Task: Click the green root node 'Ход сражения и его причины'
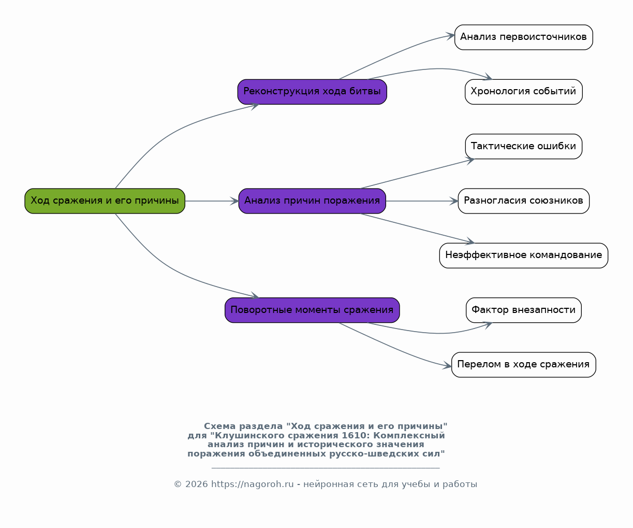tap(105, 201)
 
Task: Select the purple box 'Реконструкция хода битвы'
tap(312, 92)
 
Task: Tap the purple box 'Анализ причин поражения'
tap(312, 201)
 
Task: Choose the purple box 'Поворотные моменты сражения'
tap(312, 310)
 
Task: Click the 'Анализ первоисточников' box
tap(524, 37)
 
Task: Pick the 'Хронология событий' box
tap(524, 92)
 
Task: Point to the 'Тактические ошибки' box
tap(524, 146)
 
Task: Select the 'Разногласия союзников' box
tap(524, 201)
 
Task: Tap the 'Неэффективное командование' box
tap(524, 255)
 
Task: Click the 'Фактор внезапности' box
tap(524, 310)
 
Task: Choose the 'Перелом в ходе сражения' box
tap(524, 365)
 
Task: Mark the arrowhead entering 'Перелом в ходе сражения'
tap(448, 366)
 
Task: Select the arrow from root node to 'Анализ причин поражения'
tap(212, 201)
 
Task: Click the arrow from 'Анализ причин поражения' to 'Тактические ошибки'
tap(418, 174)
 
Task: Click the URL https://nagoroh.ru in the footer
tap(252, 484)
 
